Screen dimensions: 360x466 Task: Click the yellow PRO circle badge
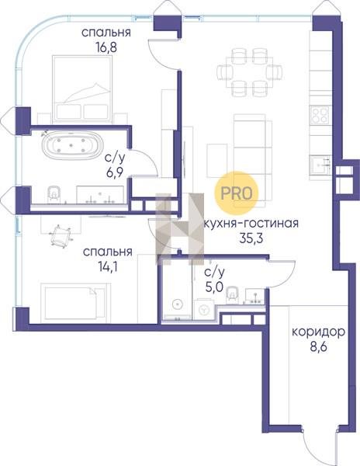pyautogui.click(x=237, y=193)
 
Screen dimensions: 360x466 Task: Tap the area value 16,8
pyautogui.click(x=106, y=47)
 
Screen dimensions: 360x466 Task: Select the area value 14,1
pyautogui.click(x=107, y=267)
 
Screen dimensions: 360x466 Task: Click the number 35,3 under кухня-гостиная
pyautogui.click(x=251, y=238)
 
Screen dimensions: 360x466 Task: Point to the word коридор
pyautogui.click(x=318, y=332)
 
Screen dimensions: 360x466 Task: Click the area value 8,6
pyautogui.click(x=319, y=346)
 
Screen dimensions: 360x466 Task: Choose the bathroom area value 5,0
pyautogui.click(x=215, y=287)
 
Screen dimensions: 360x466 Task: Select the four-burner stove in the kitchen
pyautogui.click(x=320, y=115)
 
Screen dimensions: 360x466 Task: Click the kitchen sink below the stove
pyautogui.click(x=320, y=166)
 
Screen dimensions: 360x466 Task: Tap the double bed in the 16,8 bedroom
pyautogui.click(x=82, y=89)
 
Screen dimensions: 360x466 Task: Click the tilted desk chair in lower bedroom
pyautogui.click(x=61, y=235)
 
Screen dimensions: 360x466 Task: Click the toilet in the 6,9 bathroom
pyautogui.click(x=54, y=195)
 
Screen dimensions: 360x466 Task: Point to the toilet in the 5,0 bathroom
pyautogui.click(x=233, y=294)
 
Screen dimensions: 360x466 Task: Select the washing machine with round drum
pyautogui.click(x=203, y=310)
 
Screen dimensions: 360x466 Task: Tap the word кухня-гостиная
pyautogui.click(x=251, y=223)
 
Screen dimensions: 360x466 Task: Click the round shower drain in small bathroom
pyautogui.click(x=177, y=304)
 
